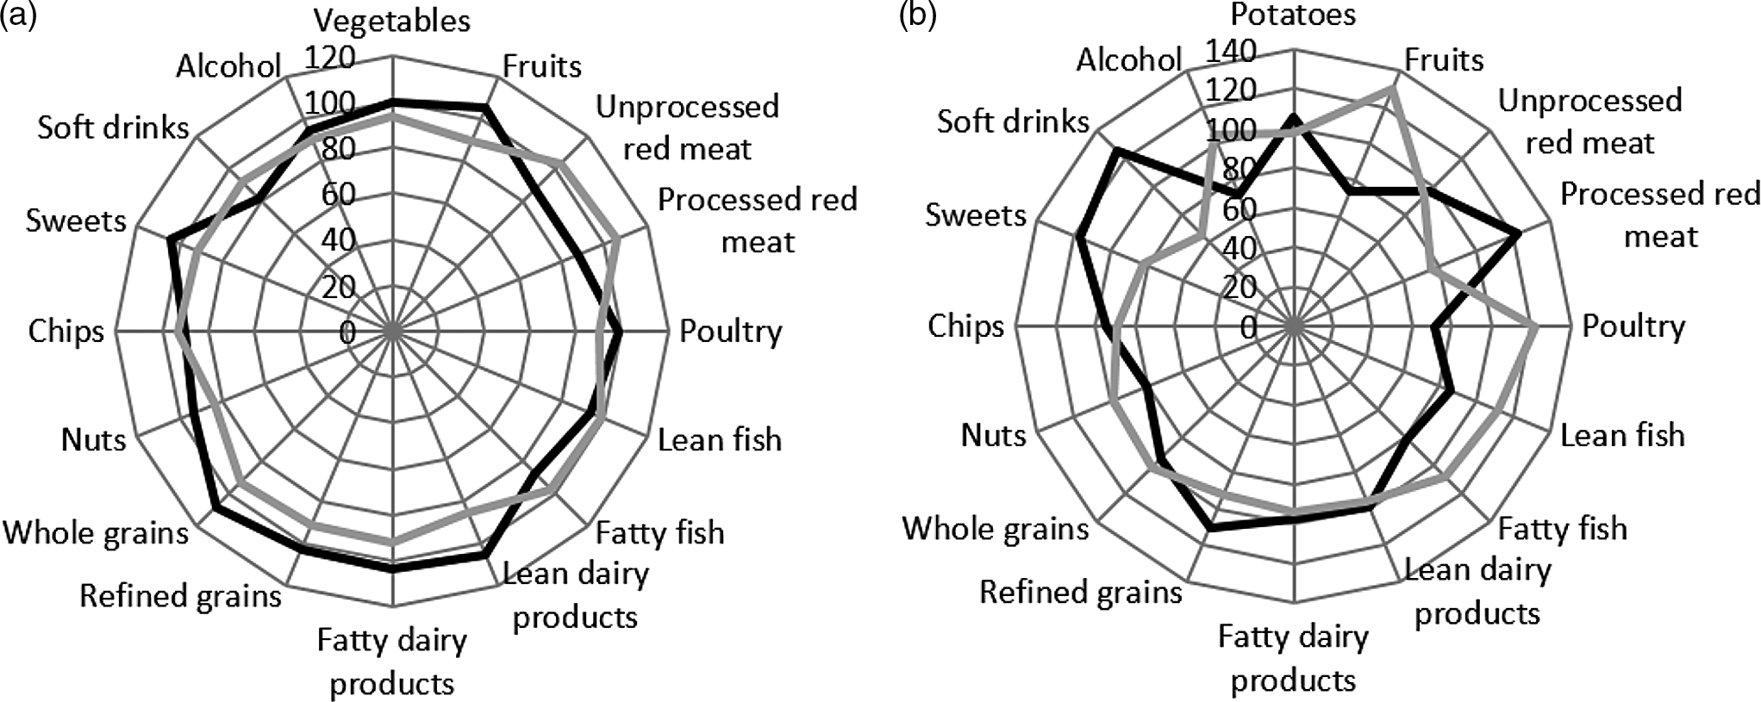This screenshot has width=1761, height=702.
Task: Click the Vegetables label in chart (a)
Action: [x=392, y=21]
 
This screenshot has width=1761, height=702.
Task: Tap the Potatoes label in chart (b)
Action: [x=1293, y=15]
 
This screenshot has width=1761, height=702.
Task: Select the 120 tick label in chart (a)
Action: [x=330, y=58]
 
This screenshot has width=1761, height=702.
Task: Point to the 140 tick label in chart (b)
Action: [x=1230, y=52]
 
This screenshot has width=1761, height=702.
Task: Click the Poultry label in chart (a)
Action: [x=730, y=331]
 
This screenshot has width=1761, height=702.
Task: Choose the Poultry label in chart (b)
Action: [x=1633, y=326]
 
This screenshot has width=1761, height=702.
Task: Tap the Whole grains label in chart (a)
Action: [x=96, y=532]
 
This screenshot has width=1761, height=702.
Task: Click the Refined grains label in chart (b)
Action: [x=1081, y=592]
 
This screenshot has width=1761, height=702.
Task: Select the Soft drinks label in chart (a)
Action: [x=113, y=127]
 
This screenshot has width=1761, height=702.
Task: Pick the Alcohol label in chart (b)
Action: [x=1128, y=59]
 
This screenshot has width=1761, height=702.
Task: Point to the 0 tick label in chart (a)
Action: [x=347, y=332]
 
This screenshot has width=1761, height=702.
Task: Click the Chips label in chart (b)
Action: [x=966, y=326]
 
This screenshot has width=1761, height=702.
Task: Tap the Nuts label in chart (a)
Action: [x=93, y=439]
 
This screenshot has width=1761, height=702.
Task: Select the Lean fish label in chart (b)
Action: [x=1622, y=435]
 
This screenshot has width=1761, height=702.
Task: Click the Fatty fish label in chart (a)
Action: [x=659, y=532]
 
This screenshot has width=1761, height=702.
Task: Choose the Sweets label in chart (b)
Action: [x=976, y=214]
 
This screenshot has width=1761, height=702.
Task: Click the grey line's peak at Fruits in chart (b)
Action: [x=1391, y=90]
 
